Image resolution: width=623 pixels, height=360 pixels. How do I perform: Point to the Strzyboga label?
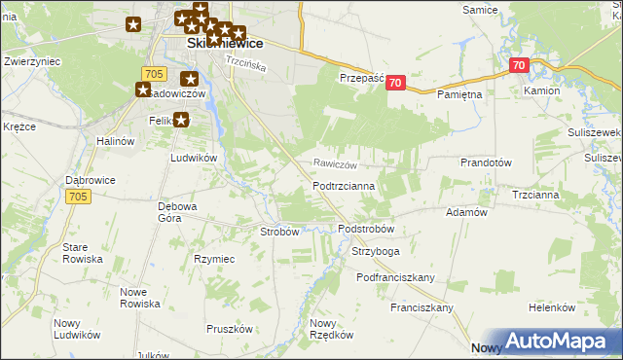coord(375,251)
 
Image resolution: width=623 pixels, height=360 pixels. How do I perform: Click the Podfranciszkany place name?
coord(395,277)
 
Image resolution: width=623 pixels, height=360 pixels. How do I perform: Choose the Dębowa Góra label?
coord(178,211)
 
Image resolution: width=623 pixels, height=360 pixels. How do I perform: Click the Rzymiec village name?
coord(214,259)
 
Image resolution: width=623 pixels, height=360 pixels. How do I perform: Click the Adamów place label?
coord(465,211)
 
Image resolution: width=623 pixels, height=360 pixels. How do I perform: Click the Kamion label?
coord(541,90)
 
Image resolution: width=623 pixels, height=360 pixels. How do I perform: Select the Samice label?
coord(481,9)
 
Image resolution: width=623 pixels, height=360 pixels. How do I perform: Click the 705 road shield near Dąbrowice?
coord(80,197)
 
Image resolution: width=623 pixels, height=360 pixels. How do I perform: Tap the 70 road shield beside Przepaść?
coord(394,84)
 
